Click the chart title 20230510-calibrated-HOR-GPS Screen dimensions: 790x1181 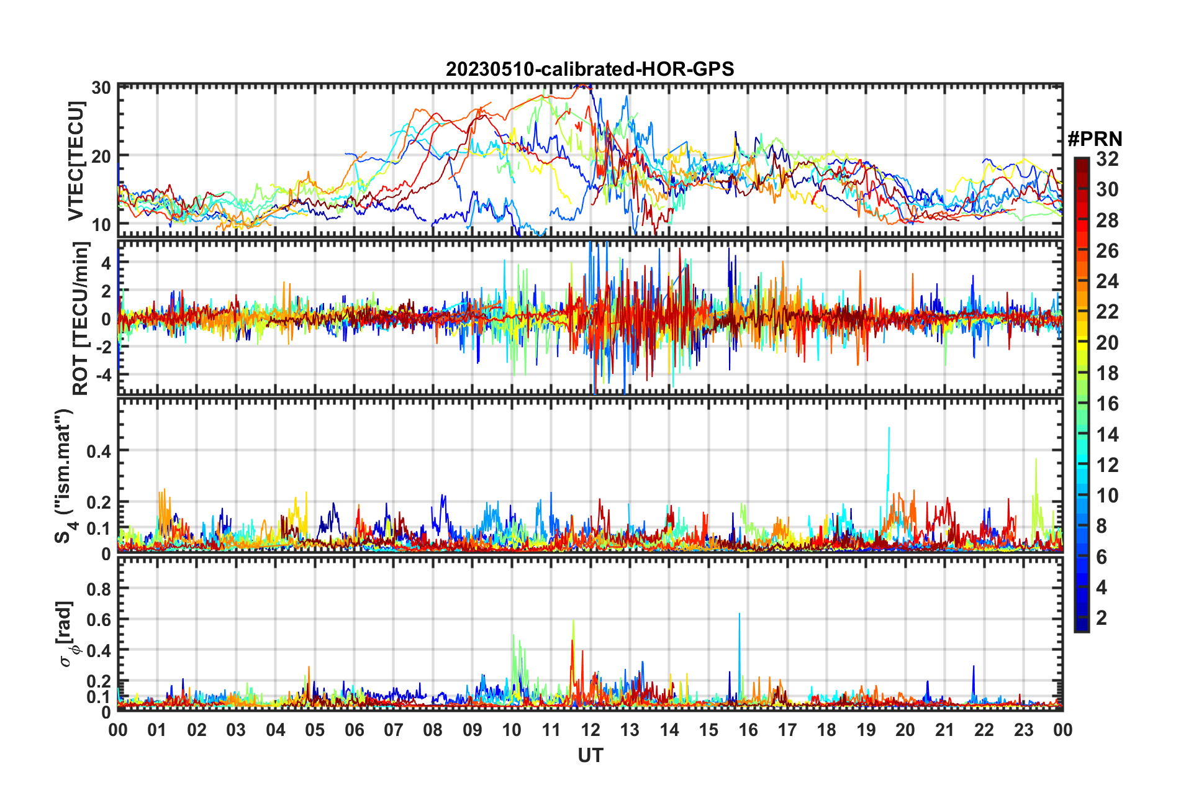590,69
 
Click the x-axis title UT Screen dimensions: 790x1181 590,755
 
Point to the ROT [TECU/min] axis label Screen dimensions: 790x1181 81,319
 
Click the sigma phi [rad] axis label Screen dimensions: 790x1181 66,633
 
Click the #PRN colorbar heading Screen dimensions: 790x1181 1095,139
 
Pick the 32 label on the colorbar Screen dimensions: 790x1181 1107,159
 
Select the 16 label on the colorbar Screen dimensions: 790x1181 1107,404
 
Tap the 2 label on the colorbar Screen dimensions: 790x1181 1102,618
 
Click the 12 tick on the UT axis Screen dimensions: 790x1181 590,730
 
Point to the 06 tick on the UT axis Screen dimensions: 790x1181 354,730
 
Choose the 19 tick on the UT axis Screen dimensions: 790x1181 866,730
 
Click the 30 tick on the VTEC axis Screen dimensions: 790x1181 101,88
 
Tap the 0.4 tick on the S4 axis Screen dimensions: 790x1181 99,451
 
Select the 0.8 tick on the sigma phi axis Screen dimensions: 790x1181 99,588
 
